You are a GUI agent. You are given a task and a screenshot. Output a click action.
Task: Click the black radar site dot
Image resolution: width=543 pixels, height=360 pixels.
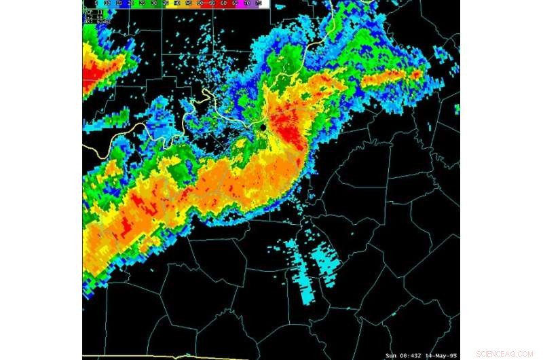coord(263,126)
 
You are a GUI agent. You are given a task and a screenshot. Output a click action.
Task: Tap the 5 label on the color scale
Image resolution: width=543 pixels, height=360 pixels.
coord(86,3)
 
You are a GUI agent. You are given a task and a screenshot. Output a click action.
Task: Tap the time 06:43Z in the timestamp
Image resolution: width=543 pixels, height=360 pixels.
coord(413,355)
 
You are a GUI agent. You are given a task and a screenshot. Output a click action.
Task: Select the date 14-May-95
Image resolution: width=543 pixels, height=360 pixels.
coord(443,355)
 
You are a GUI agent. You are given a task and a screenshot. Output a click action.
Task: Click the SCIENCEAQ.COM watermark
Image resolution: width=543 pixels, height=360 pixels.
coord(505,354)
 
